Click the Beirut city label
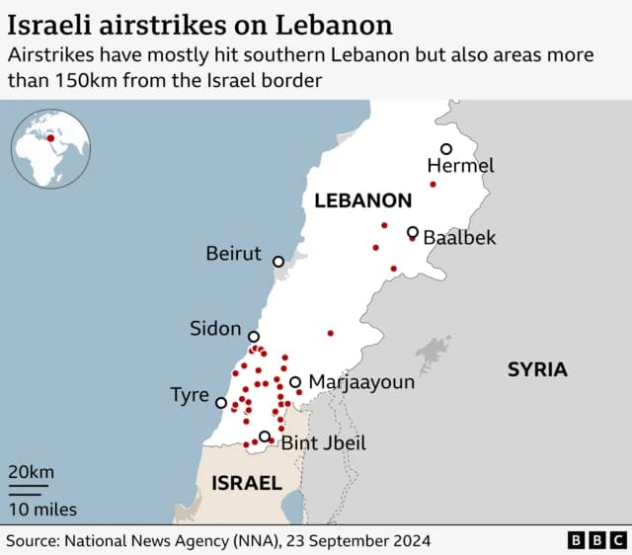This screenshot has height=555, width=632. coord(233,254)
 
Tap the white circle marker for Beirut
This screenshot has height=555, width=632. coord(278,262)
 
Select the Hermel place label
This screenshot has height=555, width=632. coord(460,166)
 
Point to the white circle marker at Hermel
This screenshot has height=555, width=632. coord(446,149)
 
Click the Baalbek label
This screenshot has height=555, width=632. coord(459,238)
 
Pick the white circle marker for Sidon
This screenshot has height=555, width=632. coord(254,337)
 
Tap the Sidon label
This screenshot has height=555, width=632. coord(215,328)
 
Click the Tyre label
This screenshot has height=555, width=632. coord(189,395)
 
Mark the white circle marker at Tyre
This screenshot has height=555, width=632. coord(220,402)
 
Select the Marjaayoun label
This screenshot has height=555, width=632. coord(361,382)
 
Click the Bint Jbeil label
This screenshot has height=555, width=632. coord(323,443)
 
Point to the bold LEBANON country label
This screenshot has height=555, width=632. coord(362,201)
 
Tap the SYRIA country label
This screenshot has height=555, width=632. coord(537,370)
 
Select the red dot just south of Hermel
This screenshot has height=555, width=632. coord(433,185)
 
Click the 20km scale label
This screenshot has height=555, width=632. coord(32,472)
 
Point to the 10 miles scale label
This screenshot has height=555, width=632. coord(42,510)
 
